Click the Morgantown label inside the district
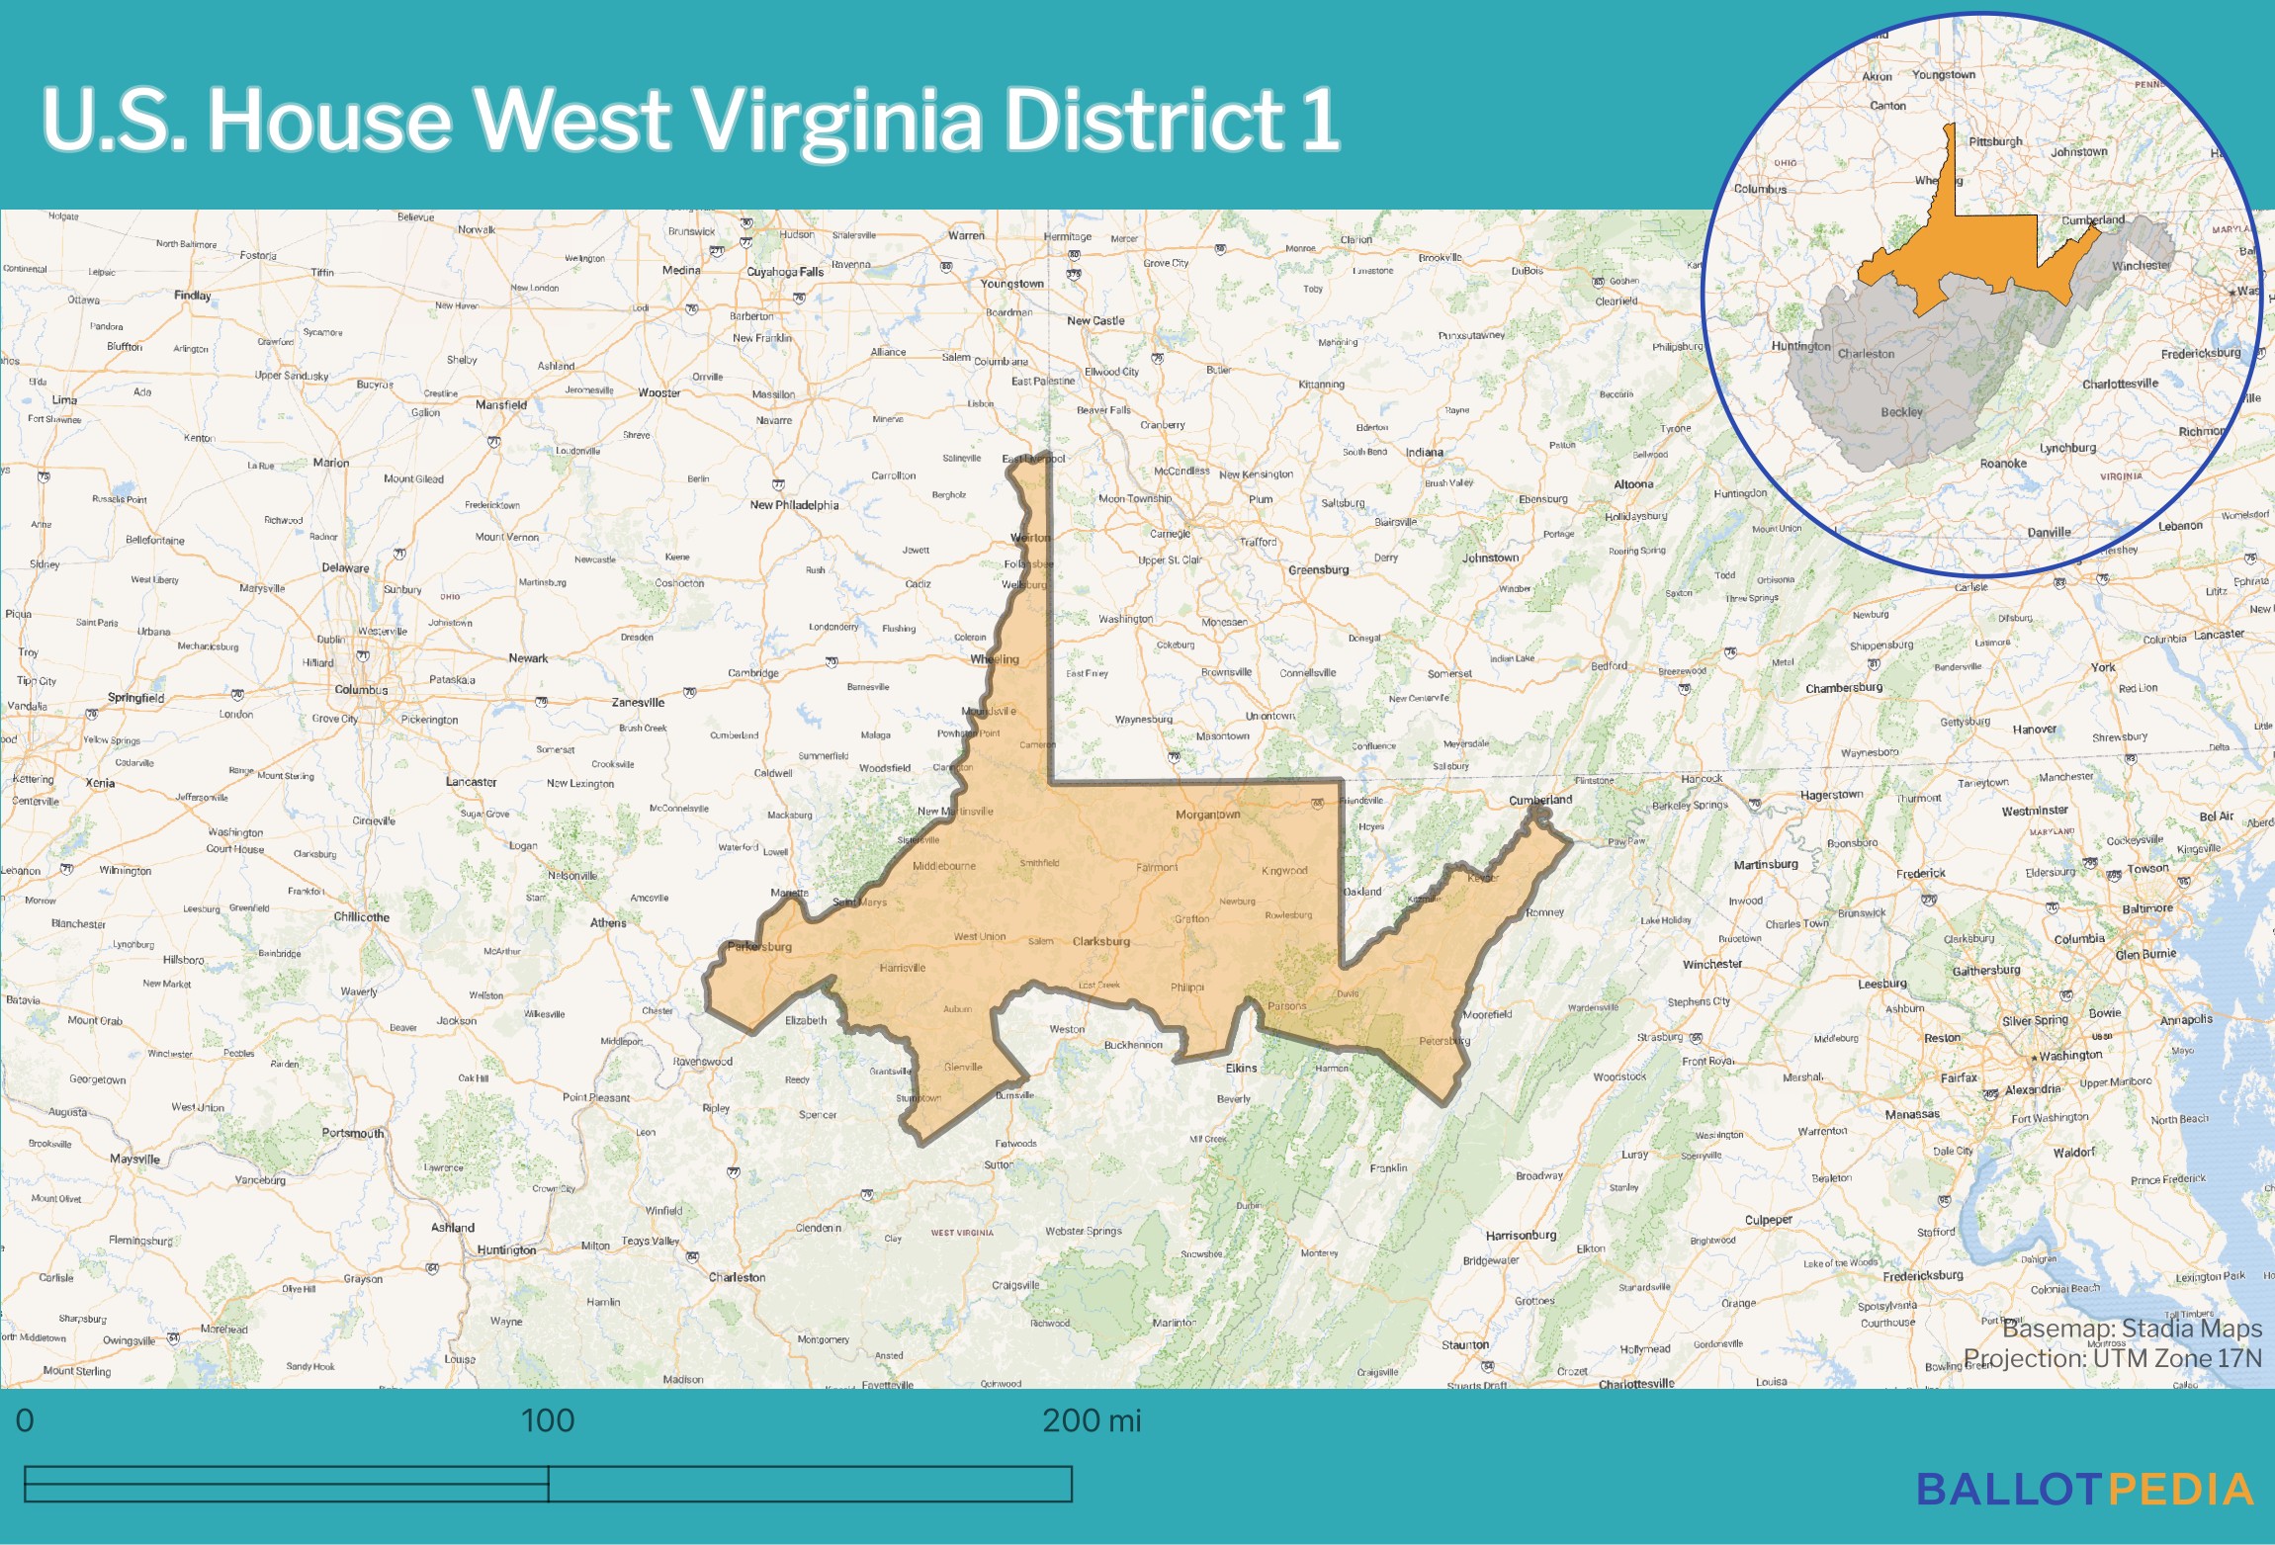pos(1207,815)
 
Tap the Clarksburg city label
pos(1100,941)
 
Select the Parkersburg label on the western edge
pos(759,946)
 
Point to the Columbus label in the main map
pos(361,689)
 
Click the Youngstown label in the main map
pos(1011,284)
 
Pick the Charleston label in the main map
pos(737,1277)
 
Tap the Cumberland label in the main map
pos(1539,800)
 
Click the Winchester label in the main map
pos(1712,964)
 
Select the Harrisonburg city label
pos(1521,1235)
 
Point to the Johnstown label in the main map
pos(1490,558)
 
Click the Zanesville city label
pos(638,703)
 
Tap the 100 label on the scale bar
pos(547,1420)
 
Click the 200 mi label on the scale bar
pos(1091,1420)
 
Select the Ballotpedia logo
pos(2084,1490)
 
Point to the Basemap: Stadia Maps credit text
pos(2132,1329)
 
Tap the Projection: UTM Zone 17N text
pos(2112,1358)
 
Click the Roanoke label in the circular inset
pos(2003,464)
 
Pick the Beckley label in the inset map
pos(1901,412)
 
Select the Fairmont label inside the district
pos(1157,867)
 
